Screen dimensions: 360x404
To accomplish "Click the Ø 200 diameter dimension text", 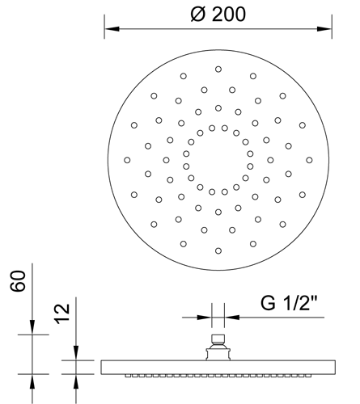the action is [218, 14].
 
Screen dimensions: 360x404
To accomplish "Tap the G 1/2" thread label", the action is [289, 303].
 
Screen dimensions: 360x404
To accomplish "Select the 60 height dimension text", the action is [18, 281].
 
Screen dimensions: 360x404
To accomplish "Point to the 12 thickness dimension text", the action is [62, 314].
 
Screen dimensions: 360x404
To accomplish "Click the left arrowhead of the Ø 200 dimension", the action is [112, 29].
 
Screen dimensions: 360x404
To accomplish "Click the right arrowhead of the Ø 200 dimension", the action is [324, 29].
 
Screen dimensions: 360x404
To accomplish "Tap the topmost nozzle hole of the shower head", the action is [218, 69].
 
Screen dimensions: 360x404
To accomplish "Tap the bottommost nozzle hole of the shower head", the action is [218, 251].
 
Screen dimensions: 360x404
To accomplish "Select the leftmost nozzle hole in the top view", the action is [127, 160].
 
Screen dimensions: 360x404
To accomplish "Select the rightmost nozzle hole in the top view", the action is [309, 160].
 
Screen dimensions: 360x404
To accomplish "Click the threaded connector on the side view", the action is [218, 347].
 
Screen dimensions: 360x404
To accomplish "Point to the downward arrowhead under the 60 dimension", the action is [32, 327].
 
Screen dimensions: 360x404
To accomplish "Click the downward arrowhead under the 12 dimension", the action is [76, 353].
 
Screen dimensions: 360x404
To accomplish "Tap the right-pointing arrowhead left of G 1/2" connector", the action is [205, 318].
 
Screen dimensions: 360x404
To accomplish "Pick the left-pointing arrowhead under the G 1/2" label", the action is [232, 318].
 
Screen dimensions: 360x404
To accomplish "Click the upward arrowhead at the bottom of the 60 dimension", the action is [32, 381].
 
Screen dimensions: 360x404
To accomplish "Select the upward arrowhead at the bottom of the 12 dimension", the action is [76, 381].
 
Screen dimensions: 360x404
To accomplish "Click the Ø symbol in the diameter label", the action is [198, 15].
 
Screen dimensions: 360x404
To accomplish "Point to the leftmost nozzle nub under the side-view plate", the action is [128, 376].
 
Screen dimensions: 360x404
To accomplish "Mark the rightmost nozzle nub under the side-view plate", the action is [308, 376].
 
